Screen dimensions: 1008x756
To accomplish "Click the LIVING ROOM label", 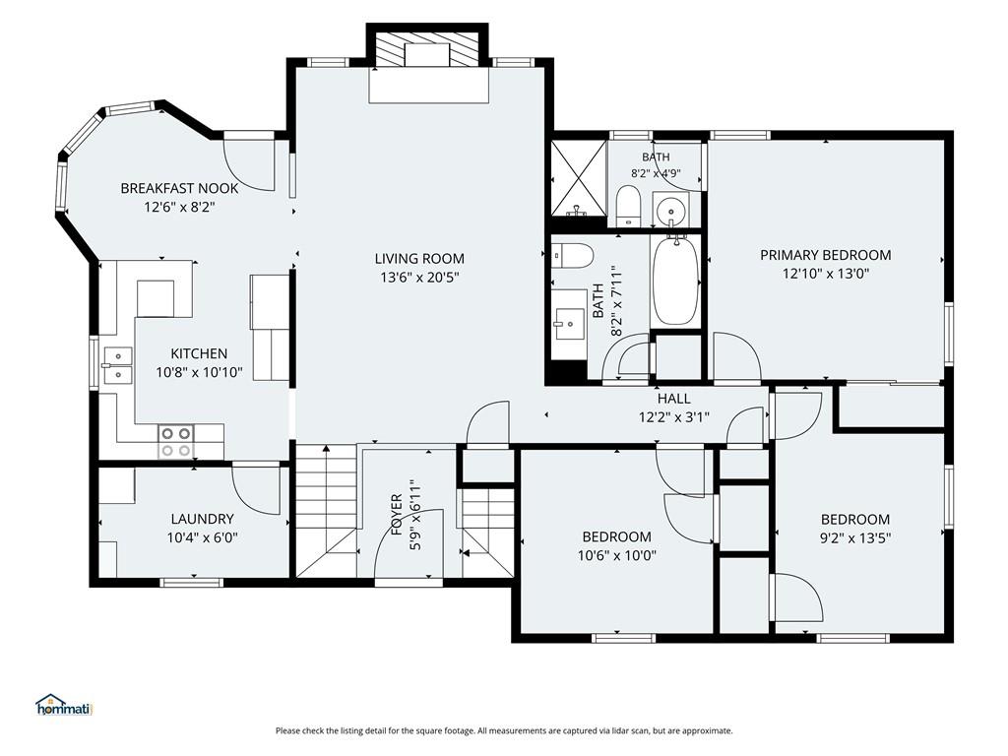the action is (x=419, y=259).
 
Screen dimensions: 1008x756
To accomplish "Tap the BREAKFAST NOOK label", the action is (x=179, y=188).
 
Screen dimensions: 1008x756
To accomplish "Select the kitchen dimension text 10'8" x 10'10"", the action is (x=199, y=372).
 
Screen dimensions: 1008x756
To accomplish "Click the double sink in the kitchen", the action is (x=116, y=365).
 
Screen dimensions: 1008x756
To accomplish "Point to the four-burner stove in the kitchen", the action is (x=175, y=442).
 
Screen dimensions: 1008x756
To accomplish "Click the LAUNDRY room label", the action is (x=203, y=519).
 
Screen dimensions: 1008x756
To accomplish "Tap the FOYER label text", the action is (x=397, y=514).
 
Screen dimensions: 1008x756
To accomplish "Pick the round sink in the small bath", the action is (x=670, y=210).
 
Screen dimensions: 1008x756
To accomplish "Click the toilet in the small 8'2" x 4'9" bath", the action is (x=628, y=206).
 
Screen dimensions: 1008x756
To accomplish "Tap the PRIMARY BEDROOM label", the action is (x=826, y=255).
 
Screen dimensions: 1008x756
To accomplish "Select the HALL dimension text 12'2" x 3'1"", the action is (x=673, y=417).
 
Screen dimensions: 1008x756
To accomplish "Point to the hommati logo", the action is (x=64, y=705).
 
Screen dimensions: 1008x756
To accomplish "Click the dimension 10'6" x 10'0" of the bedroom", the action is (x=616, y=555).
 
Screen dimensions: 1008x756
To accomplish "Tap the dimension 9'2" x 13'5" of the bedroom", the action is (x=855, y=538).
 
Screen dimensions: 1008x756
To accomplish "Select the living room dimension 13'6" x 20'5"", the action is (x=419, y=278).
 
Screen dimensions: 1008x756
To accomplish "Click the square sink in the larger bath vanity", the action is (x=569, y=324).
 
